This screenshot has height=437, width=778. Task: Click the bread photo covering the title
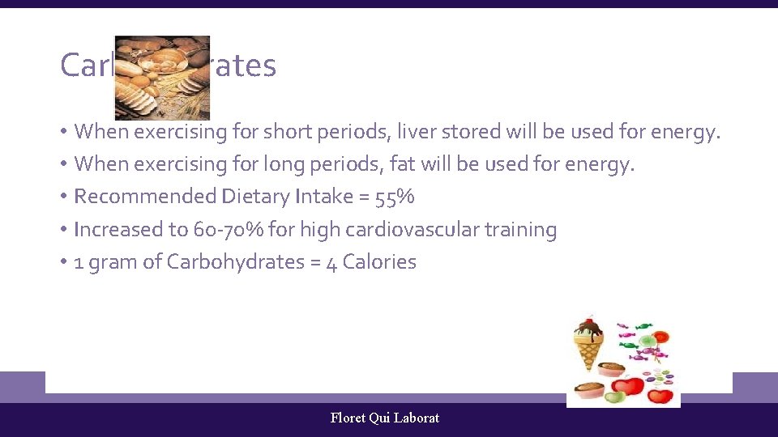pyautogui.click(x=162, y=78)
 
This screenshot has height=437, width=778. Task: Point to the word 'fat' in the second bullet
pyautogui.click(x=403, y=164)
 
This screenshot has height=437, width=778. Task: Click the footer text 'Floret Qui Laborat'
pyautogui.click(x=385, y=418)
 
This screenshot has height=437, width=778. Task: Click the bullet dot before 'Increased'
pyautogui.click(x=62, y=230)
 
